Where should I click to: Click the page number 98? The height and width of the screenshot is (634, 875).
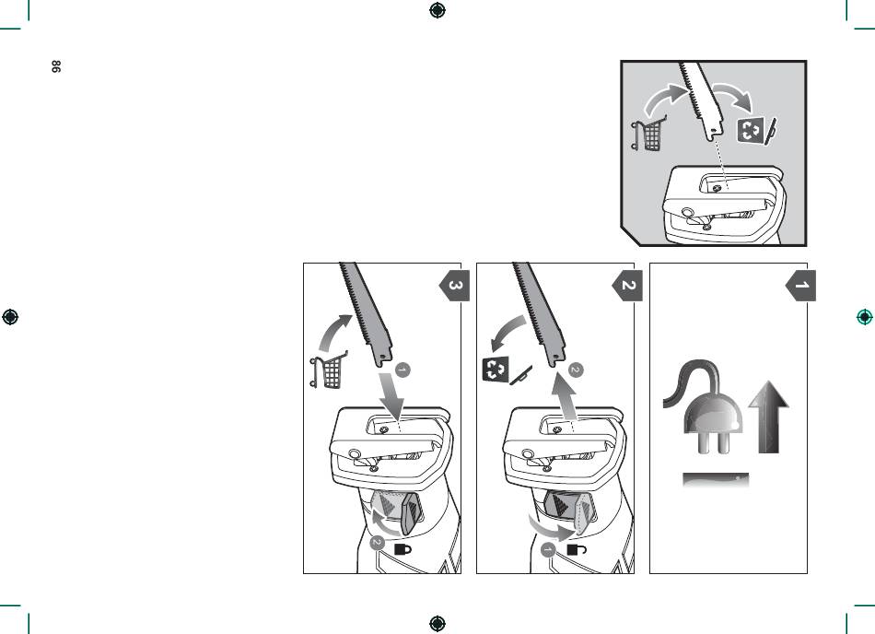[56, 66]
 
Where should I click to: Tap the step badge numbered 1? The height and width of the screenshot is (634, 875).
[800, 286]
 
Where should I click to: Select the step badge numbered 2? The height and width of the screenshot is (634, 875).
[628, 286]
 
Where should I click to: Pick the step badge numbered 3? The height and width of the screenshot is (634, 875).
[455, 286]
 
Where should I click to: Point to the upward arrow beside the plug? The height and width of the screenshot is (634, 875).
[769, 417]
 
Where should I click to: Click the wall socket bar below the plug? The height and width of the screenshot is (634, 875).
[716, 479]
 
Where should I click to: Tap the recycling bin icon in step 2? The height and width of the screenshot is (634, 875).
[495, 369]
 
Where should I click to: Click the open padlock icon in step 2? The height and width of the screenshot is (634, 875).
[577, 550]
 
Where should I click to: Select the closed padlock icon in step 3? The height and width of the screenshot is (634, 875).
[402, 549]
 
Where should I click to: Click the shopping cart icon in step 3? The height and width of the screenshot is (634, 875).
[329, 370]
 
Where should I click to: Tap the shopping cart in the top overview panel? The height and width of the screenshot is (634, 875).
[649, 134]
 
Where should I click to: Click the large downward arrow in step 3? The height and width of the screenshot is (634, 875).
[392, 397]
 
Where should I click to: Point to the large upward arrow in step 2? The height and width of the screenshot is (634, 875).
[565, 397]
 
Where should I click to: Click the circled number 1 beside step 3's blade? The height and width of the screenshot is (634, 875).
[402, 370]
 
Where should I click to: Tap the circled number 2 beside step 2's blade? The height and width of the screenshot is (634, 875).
[576, 370]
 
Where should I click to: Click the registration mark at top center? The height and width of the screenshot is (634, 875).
[437, 10]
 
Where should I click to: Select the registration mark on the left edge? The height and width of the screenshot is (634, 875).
[10, 317]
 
